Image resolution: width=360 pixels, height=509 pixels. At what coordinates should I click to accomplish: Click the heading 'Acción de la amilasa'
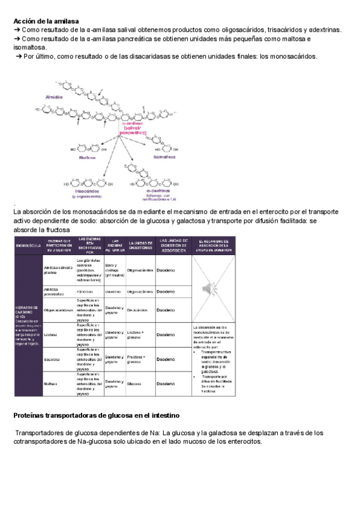click(46, 21)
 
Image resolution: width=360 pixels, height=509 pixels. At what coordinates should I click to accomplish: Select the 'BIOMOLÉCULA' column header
click(28, 245)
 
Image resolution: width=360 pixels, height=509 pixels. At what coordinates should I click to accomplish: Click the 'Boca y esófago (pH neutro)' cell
click(115, 270)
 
